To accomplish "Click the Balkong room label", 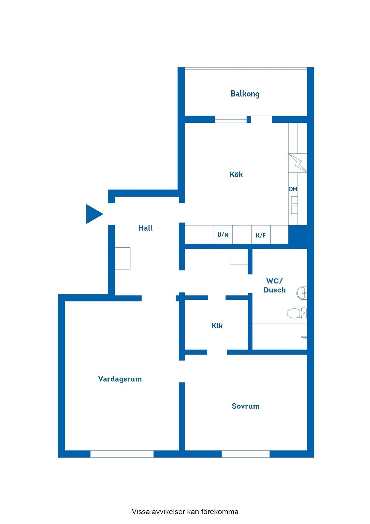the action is [245, 94].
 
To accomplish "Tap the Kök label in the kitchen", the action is [236, 174].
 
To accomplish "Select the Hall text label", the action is [146, 228].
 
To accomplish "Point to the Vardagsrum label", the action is [120, 379].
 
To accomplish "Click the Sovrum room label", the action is [246, 406].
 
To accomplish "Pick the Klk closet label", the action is [217, 326].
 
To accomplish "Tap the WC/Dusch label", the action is [275, 286].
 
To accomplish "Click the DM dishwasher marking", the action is [293, 189].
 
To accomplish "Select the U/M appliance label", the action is [223, 235].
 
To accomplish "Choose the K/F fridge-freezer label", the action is [261, 235].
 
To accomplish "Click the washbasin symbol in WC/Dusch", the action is [302, 293].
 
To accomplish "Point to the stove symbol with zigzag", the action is [297, 163].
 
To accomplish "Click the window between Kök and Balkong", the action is [231, 119].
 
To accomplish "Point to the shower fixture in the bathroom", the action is [304, 337].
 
